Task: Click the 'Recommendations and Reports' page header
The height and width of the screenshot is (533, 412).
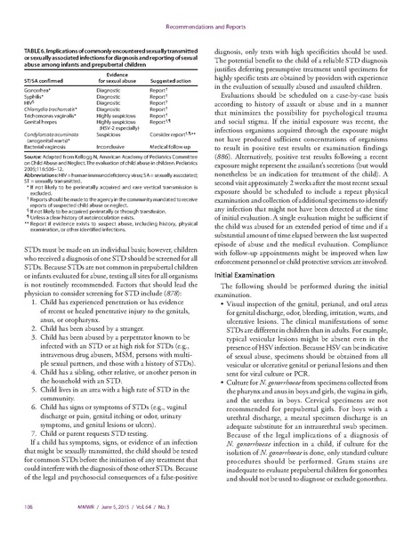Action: (x=206, y=13)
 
